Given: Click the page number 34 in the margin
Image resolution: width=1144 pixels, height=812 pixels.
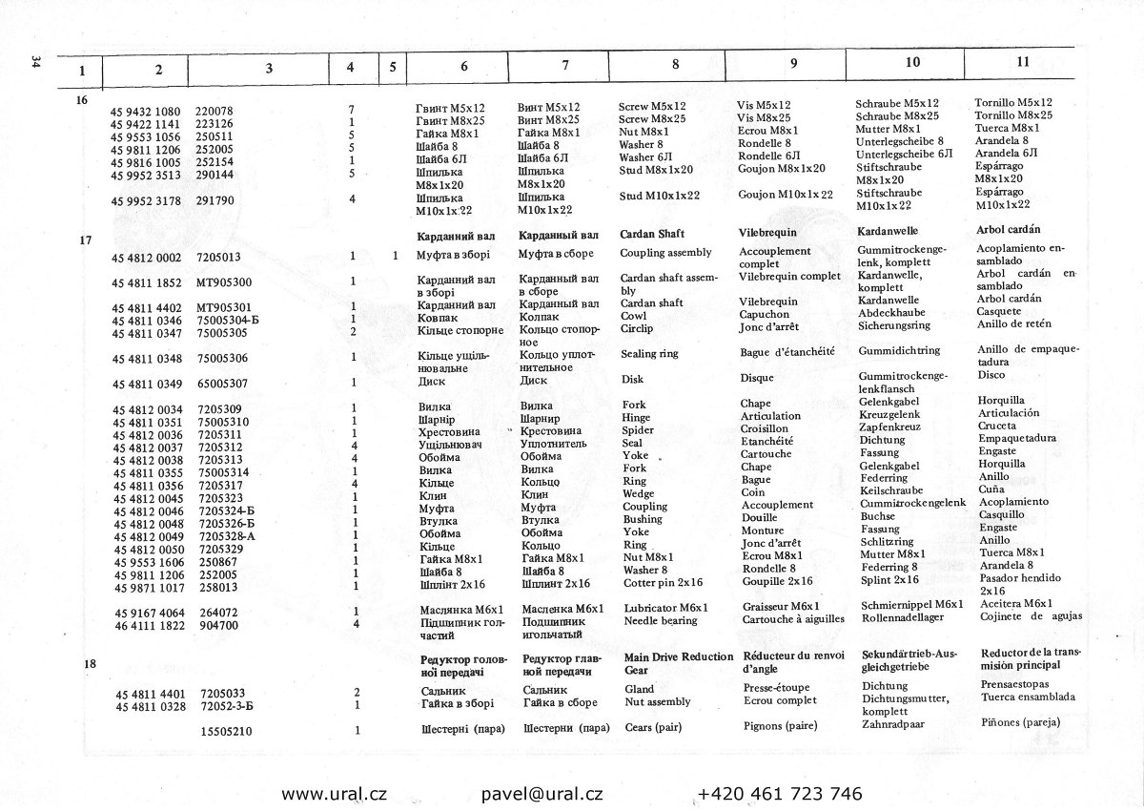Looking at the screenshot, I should pyautogui.click(x=34, y=62).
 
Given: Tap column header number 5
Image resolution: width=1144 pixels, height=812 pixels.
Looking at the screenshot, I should pyautogui.click(x=392, y=68).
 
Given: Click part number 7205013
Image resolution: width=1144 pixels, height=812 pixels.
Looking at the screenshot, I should pyautogui.click(x=218, y=257).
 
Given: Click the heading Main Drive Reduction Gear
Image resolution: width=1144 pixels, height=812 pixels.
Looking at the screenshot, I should pyautogui.click(x=678, y=663).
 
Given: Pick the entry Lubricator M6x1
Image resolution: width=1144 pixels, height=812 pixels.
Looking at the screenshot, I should pyautogui.click(x=664, y=608).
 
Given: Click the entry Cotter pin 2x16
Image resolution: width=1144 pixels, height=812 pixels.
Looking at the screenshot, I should pyautogui.click(x=663, y=582).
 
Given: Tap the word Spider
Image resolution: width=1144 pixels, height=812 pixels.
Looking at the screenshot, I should pyautogui.click(x=637, y=430).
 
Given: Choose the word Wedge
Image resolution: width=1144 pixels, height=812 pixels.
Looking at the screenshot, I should pyautogui.click(x=638, y=494).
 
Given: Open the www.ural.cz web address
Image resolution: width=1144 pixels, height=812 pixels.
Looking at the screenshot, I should pyautogui.click(x=334, y=794).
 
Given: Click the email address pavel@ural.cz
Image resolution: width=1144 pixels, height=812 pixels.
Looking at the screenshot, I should pyautogui.click(x=542, y=794).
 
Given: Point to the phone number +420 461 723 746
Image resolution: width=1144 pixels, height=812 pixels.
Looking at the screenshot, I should pyautogui.click(x=780, y=794).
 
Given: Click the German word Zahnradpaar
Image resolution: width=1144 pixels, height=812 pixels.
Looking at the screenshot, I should pyautogui.click(x=893, y=724).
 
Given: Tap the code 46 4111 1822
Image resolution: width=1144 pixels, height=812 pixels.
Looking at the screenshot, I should pyautogui.click(x=147, y=625).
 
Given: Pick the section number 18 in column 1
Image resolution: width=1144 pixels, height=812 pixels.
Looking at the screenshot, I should pyautogui.click(x=90, y=663).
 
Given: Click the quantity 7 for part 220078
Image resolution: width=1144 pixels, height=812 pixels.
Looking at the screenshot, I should pyautogui.click(x=352, y=110).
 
